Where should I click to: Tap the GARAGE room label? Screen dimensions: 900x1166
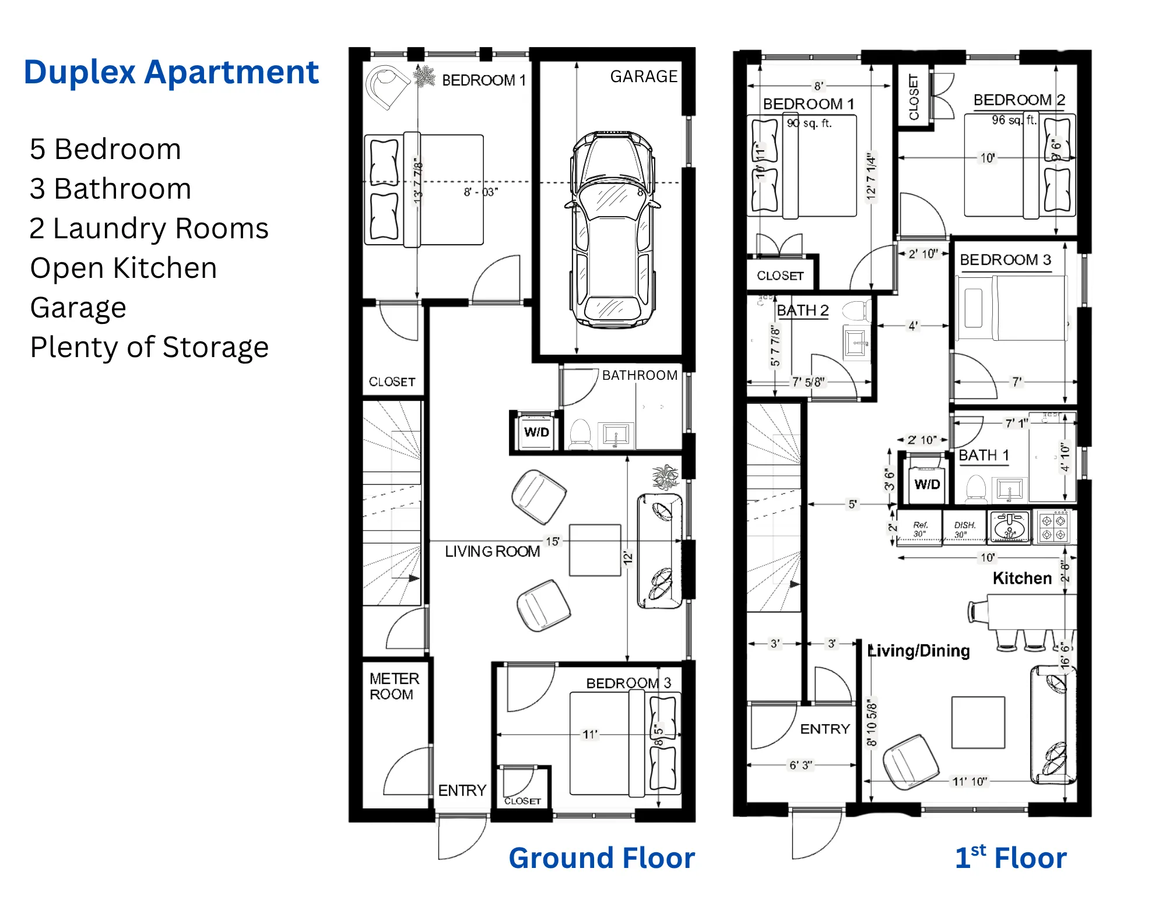point(644,76)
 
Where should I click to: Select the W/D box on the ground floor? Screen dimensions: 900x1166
point(536,432)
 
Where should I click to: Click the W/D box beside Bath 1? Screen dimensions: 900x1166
point(927,483)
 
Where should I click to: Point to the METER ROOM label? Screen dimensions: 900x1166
point(394,686)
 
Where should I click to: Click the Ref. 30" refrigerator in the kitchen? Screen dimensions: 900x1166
point(920,529)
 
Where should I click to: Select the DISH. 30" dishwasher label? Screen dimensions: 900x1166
point(964,529)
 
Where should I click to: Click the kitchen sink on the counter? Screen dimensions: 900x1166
point(1010,527)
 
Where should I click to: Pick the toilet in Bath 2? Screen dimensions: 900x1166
point(856,310)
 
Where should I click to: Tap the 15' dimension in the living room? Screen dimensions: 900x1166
point(552,541)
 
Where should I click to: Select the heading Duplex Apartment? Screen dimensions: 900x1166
point(171,72)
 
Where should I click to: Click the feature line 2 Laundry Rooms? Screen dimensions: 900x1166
point(149,228)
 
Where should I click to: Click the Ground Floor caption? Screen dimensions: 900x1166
point(602,857)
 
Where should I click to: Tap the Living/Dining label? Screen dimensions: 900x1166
point(919,651)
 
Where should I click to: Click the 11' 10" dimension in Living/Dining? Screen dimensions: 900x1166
point(970,781)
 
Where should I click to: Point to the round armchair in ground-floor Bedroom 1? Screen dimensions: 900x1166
point(386,86)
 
